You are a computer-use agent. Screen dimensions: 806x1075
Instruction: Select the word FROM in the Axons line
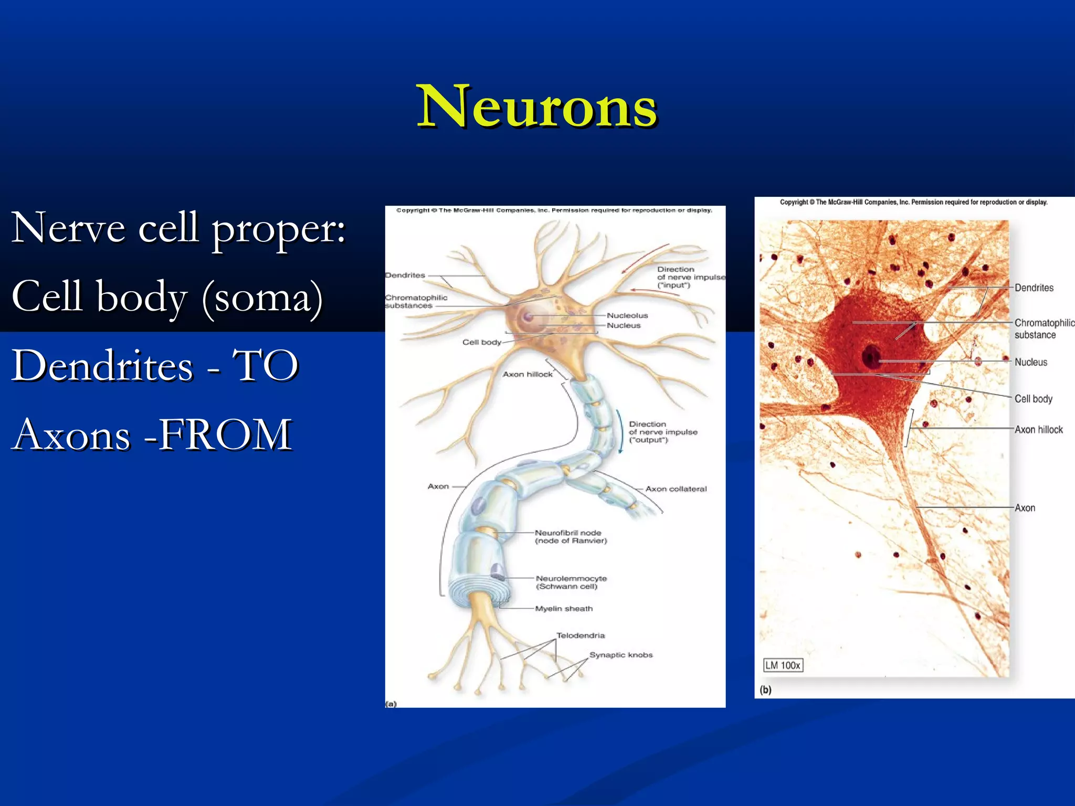[226, 435]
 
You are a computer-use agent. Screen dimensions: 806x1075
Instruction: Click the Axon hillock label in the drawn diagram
[528, 374]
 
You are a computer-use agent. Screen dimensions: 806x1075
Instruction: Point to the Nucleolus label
[627, 315]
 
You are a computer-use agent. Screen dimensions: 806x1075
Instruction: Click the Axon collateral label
[676, 489]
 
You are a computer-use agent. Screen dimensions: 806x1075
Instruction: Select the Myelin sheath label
[564, 609]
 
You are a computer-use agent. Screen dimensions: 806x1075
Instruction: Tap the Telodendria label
[581, 635]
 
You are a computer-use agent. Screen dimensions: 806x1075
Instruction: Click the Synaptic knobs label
[621, 655]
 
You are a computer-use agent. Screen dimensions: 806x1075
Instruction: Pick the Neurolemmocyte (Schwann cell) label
[571, 582]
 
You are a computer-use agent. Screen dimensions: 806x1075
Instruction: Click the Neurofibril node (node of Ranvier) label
[571, 537]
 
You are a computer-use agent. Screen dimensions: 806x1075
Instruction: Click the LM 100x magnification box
[783, 665]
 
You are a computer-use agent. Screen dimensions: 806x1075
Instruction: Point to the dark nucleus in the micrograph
[871, 357]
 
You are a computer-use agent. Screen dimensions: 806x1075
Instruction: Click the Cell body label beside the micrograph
[1033, 399]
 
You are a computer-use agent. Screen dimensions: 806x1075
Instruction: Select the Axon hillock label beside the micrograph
[1038, 430]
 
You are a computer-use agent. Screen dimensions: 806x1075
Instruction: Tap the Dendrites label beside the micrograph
[1034, 288]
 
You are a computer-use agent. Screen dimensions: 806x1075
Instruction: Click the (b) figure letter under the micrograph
[766, 690]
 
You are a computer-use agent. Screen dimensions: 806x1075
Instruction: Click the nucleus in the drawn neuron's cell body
[528, 316]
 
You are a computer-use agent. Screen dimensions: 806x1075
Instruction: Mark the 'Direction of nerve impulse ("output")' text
[663, 432]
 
